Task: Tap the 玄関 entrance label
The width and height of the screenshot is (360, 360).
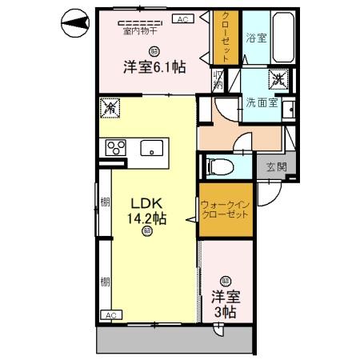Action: (277, 166)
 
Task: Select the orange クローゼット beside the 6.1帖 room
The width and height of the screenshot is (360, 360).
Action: (226, 38)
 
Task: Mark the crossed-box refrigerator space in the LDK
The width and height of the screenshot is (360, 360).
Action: (111, 106)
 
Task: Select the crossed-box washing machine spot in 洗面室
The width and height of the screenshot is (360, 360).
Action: (278, 78)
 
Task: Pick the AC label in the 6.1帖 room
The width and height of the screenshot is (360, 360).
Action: (182, 18)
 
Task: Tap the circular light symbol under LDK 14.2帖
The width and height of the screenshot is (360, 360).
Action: (147, 231)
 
